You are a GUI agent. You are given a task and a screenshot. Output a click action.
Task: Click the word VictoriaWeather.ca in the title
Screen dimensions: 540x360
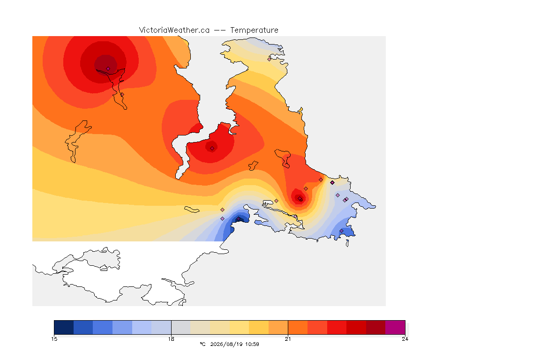[x=174, y=30]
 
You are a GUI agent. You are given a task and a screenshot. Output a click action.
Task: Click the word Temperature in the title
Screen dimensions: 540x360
[x=254, y=30]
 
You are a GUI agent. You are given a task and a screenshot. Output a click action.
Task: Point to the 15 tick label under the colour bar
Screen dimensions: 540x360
[x=54, y=339]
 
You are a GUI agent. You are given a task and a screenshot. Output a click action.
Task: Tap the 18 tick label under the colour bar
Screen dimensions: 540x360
[x=171, y=339]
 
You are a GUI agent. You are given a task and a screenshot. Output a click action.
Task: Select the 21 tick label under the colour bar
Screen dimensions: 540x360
[x=288, y=339]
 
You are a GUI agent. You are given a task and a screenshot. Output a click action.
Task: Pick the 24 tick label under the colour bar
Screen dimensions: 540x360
[x=405, y=339]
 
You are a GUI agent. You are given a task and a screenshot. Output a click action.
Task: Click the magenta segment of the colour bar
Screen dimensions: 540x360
[x=395, y=327]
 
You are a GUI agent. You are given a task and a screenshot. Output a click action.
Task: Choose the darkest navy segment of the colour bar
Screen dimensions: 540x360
[x=64, y=327]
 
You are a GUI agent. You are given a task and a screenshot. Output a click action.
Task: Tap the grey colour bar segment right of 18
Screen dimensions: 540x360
[x=181, y=327]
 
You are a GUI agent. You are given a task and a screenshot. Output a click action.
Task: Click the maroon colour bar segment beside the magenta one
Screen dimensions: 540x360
[x=376, y=327]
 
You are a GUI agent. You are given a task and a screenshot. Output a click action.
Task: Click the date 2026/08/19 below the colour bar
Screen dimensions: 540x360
[x=224, y=344]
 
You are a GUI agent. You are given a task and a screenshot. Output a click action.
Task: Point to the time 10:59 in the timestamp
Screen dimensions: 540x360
[x=252, y=344]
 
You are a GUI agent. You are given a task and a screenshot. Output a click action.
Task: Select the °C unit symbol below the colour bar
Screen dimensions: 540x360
[x=202, y=344]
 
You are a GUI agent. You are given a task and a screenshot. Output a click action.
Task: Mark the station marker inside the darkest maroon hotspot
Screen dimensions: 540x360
[x=108, y=69]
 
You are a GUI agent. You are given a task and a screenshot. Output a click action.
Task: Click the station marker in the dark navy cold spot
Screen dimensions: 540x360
[x=238, y=219]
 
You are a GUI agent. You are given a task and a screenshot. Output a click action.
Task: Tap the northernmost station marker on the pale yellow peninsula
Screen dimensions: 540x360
[x=270, y=59]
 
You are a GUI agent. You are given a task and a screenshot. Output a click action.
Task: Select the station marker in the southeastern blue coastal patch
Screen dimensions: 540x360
[x=341, y=231]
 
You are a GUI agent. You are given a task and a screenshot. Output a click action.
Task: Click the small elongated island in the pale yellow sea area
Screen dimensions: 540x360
[x=192, y=210]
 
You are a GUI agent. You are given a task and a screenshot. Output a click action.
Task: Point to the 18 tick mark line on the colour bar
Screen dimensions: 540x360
[x=171, y=327]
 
